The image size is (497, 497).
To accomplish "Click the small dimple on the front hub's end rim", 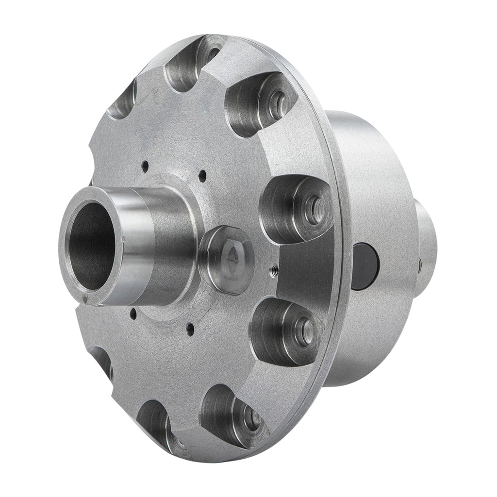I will point(85,299).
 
